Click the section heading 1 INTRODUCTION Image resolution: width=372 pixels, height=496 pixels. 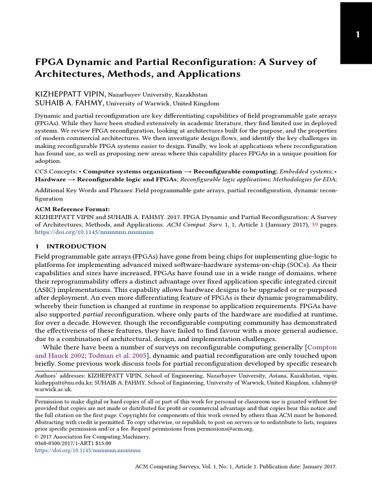[x=70, y=247]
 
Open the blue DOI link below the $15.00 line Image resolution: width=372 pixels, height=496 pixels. [x=88, y=450]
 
